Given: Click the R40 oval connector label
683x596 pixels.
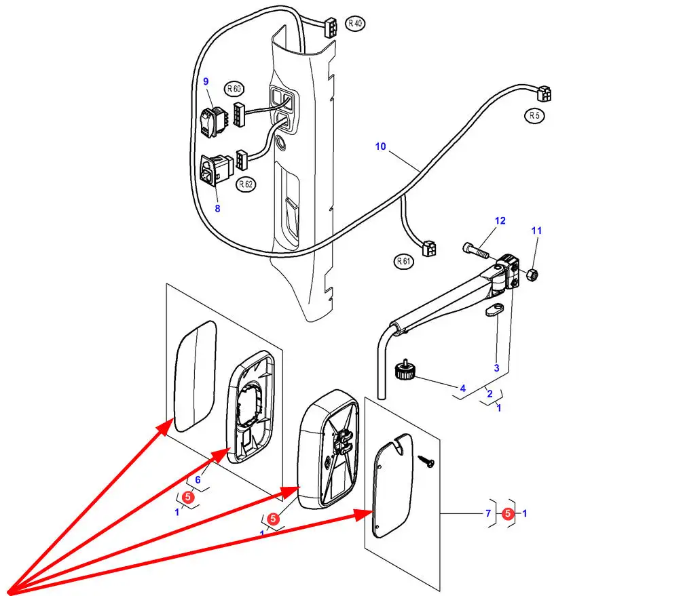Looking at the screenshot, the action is click(x=355, y=23).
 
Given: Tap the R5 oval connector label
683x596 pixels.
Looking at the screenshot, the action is click(x=534, y=116).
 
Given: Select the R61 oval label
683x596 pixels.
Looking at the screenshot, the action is click(x=403, y=261).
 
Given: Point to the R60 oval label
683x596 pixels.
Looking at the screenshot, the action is click(x=234, y=89).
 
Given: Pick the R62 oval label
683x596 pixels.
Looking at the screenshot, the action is click(x=246, y=184).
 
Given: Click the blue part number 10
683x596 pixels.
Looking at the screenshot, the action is click(x=380, y=146).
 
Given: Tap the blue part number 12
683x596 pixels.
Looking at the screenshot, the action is click(x=500, y=220).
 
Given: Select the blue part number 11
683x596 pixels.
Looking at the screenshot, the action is click(x=536, y=231).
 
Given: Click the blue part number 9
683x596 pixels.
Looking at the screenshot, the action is click(x=206, y=81).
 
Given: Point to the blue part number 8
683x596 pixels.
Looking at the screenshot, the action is click(x=217, y=208).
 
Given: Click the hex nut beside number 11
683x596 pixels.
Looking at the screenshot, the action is click(x=532, y=275).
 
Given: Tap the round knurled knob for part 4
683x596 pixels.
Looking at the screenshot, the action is click(x=405, y=370).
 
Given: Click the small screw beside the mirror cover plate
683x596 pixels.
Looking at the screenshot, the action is click(x=426, y=461).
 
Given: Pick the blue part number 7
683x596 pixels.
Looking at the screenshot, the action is click(x=488, y=514).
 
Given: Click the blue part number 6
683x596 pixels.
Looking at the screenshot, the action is click(x=198, y=480).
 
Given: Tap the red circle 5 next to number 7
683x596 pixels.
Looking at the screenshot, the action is click(x=507, y=514).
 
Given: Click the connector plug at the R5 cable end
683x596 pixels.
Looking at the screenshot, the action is click(x=544, y=93).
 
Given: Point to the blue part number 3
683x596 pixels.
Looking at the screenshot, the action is click(x=496, y=368).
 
